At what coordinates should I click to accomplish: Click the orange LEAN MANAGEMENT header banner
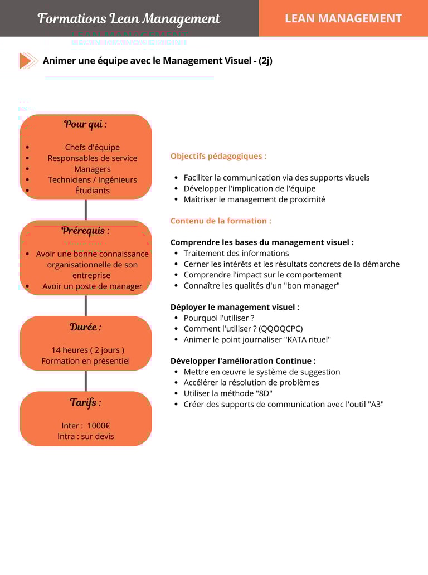(x=343, y=18)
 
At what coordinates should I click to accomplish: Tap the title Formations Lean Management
(x=129, y=18)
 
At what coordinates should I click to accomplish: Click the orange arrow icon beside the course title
(x=28, y=60)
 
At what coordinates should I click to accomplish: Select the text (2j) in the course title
(x=265, y=60)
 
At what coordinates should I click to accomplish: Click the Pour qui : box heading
(x=85, y=124)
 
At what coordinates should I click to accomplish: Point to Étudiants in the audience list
(x=93, y=191)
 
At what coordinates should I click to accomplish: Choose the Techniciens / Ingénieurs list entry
(x=93, y=179)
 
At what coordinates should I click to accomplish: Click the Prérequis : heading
(x=85, y=230)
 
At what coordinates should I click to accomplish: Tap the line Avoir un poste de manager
(x=93, y=286)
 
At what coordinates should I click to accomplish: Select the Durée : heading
(x=85, y=327)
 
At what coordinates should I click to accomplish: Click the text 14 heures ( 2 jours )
(x=88, y=350)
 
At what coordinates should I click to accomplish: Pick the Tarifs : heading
(x=85, y=402)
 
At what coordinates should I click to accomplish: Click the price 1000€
(x=99, y=426)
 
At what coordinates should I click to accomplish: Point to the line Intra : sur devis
(x=86, y=436)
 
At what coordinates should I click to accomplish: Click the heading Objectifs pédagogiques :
(x=218, y=156)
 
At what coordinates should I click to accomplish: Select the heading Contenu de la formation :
(x=221, y=221)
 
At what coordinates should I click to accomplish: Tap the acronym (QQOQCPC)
(x=281, y=329)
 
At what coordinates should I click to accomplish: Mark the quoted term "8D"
(x=263, y=393)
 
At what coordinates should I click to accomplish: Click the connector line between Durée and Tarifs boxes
(x=86, y=381)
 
